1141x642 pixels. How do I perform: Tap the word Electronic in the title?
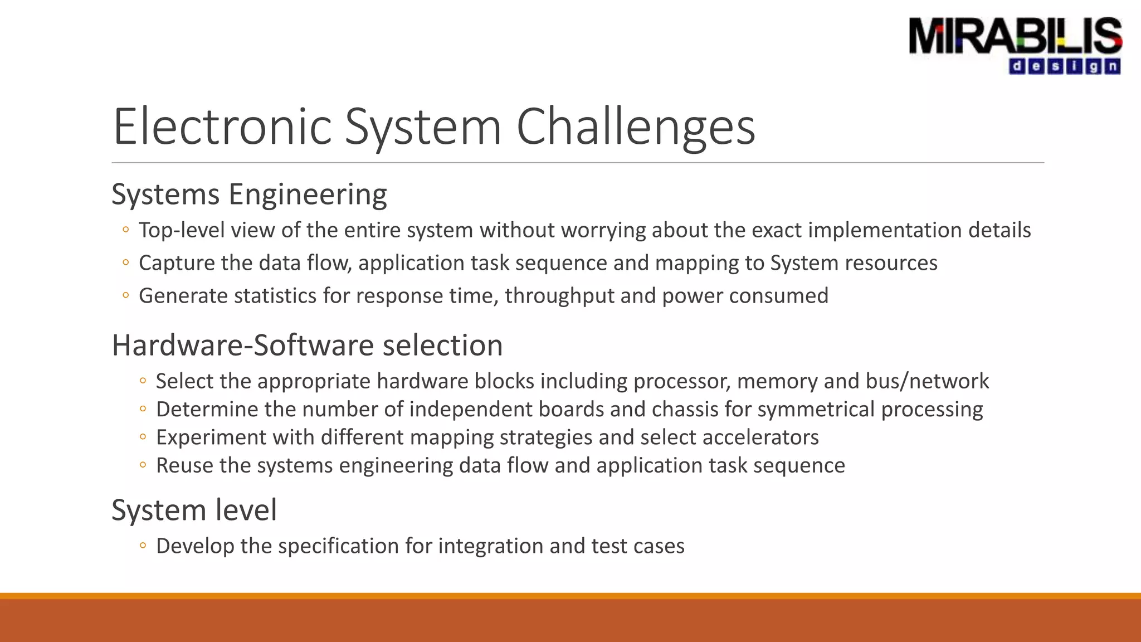(222, 127)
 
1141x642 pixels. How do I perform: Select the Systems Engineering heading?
(249, 195)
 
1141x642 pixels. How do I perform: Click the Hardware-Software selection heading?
(307, 346)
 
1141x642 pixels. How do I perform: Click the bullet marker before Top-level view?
(126, 230)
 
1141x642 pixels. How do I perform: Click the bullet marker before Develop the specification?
(143, 546)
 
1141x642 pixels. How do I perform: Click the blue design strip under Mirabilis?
(1065, 66)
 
